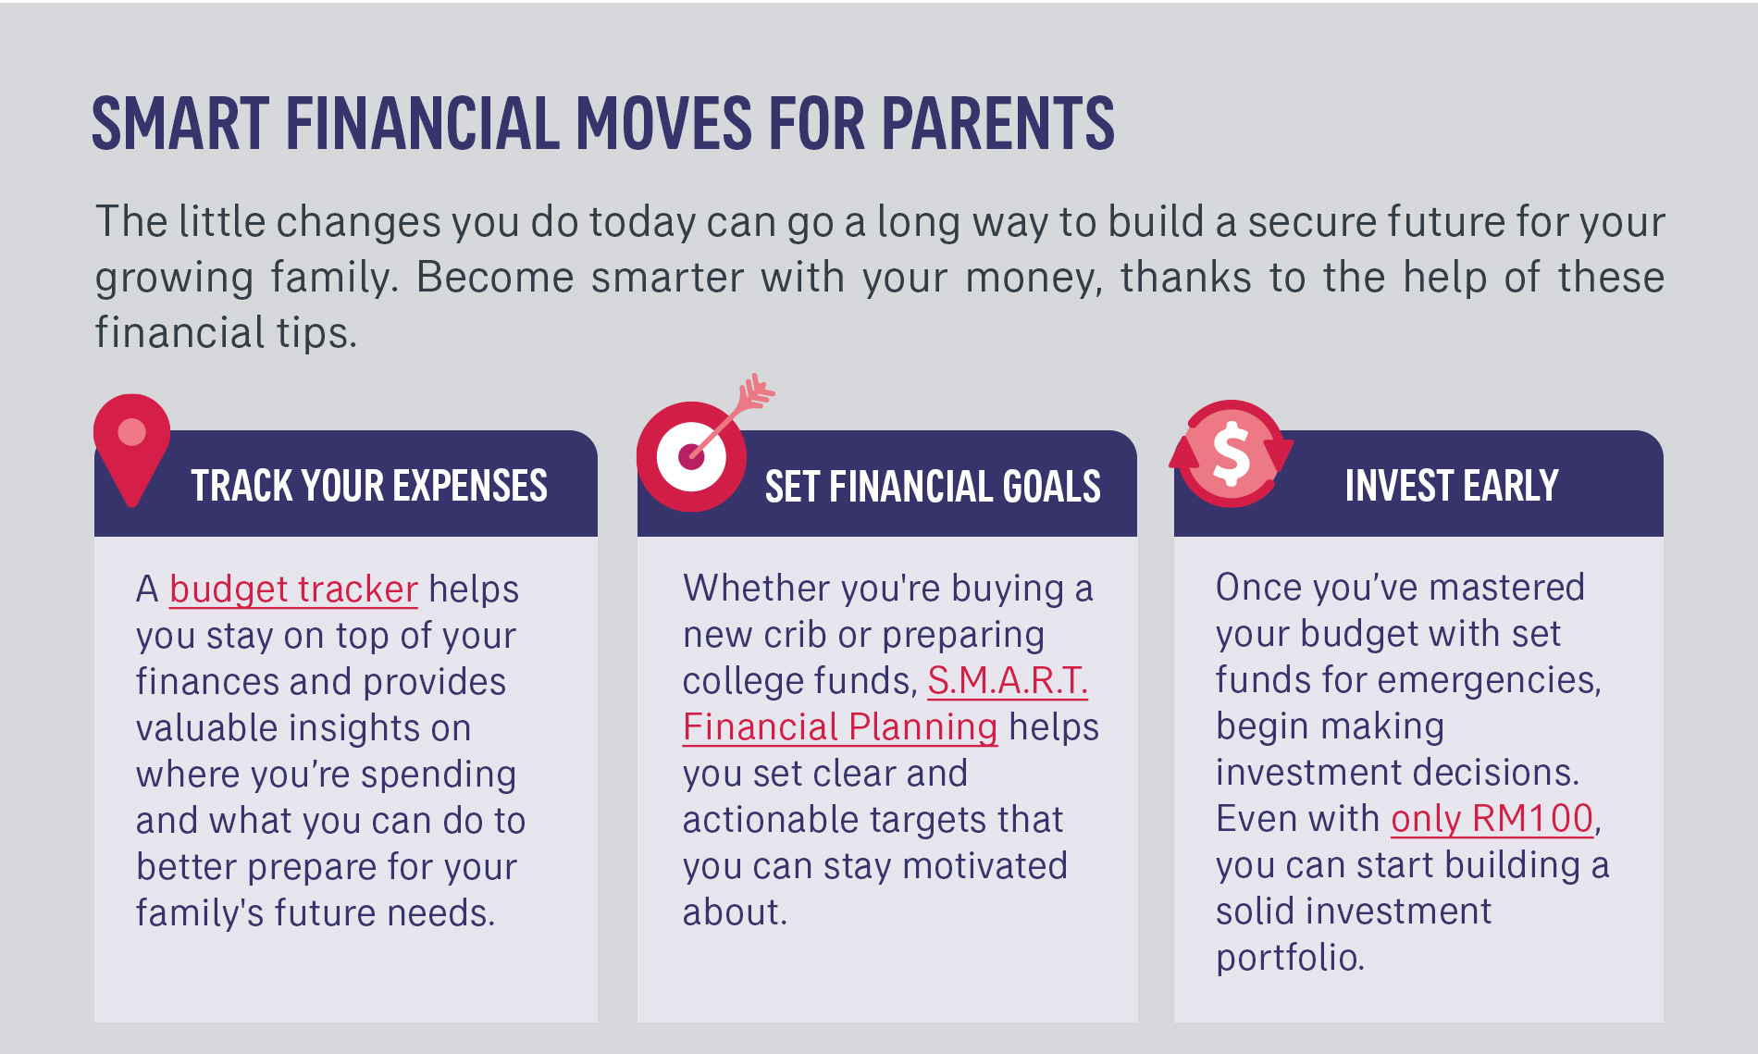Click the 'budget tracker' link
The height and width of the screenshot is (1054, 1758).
pyautogui.click(x=293, y=589)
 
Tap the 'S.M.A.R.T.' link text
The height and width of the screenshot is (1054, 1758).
pyautogui.click(x=1008, y=681)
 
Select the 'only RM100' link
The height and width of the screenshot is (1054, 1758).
pyautogui.click(x=1492, y=819)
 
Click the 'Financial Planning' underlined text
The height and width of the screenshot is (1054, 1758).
pyautogui.click(x=840, y=727)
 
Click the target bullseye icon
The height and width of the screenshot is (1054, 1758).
pyautogui.click(x=691, y=456)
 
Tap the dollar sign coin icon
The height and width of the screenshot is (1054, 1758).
pyautogui.click(x=1232, y=453)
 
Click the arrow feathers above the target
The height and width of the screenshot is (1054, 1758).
pyautogui.click(x=754, y=393)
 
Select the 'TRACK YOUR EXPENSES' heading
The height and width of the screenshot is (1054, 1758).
pyautogui.click(x=369, y=486)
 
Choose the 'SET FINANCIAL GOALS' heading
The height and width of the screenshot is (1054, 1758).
pyautogui.click(x=933, y=487)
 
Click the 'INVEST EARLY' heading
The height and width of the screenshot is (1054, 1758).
pyautogui.click(x=1452, y=486)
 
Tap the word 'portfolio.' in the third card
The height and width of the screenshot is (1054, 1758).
pyautogui.click(x=1290, y=958)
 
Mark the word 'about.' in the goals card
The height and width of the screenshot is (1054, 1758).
pyautogui.click(x=735, y=912)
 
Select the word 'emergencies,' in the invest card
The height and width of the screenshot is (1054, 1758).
pyautogui.click(x=1485, y=681)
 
